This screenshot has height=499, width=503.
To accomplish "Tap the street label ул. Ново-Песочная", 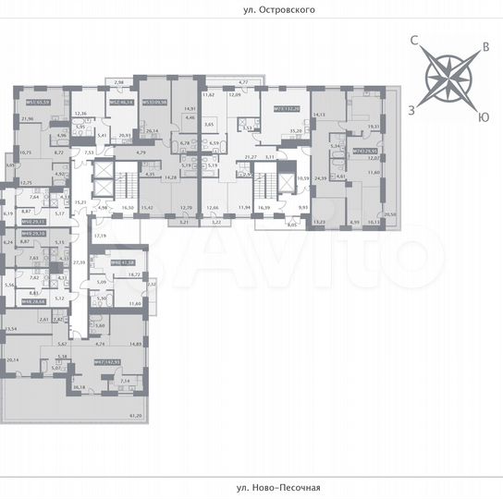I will click(251, 487).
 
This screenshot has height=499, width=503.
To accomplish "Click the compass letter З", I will click(411, 108).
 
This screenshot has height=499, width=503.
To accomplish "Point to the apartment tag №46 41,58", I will click(124, 263).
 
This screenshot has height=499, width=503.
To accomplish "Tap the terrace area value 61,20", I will click(137, 416).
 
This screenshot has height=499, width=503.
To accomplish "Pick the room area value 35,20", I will click(296, 133).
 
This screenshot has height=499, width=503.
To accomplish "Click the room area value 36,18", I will click(79, 387).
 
